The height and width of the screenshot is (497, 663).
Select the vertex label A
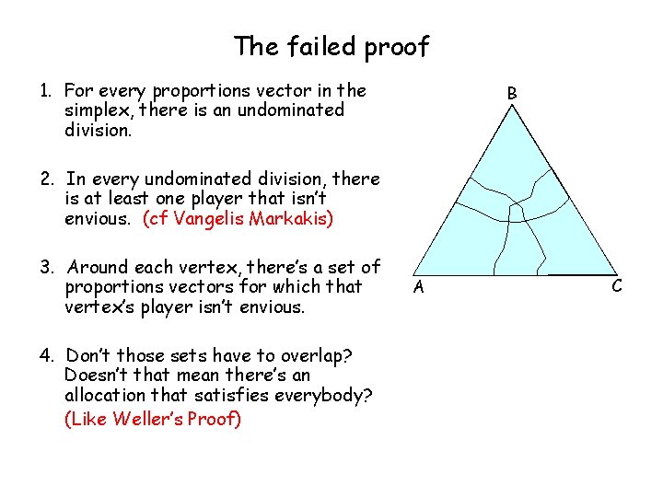click(418, 287)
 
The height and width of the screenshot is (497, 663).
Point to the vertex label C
click(616, 286)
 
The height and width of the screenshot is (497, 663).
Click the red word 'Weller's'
click(141, 420)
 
